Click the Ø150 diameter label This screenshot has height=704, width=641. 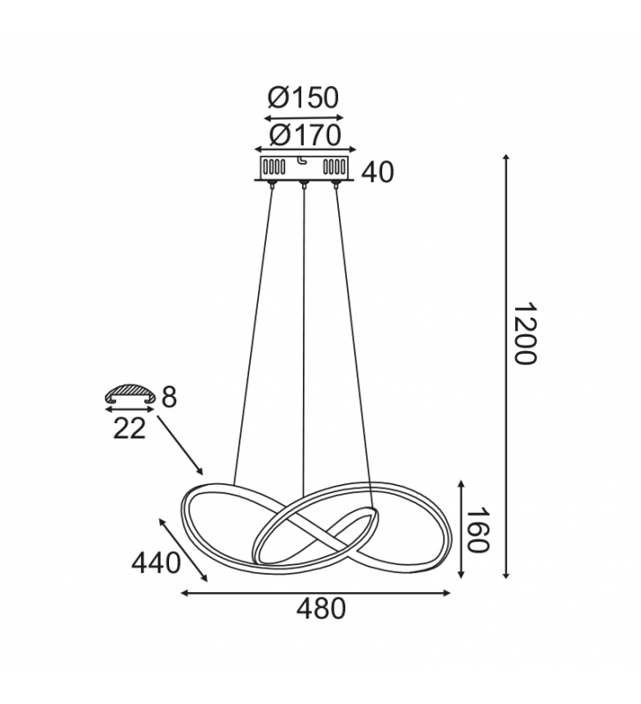[303, 98]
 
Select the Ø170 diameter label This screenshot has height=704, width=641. [305, 136]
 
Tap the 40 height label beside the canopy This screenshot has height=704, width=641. [378, 172]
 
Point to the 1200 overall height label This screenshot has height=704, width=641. [525, 334]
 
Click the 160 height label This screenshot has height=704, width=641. [477, 531]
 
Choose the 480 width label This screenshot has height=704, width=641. [320, 609]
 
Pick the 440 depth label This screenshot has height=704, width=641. [156, 563]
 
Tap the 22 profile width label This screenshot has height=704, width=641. [129, 429]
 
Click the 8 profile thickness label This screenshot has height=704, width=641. [169, 398]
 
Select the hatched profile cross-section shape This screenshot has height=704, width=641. [129, 393]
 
